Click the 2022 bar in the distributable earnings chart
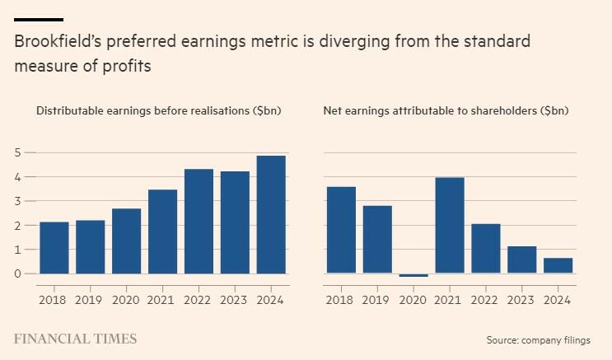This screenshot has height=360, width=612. (199, 221)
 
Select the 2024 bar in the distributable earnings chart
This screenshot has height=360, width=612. (271, 214)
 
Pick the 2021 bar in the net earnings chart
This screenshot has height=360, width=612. (450, 225)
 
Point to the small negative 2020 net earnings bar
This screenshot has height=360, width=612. (413, 275)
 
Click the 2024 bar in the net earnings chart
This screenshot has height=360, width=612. (558, 265)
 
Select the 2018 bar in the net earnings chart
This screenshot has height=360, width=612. (341, 230)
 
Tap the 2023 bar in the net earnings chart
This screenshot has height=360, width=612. (521, 259)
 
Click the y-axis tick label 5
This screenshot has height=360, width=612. (18, 152)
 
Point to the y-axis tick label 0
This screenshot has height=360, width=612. (18, 274)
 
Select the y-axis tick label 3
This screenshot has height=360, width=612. (18, 201)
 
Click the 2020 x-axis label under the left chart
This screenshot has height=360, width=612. (126, 300)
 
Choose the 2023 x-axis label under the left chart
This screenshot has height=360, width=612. (235, 300)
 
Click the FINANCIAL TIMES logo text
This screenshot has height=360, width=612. (76, 339)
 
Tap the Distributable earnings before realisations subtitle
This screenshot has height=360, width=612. (159, 110)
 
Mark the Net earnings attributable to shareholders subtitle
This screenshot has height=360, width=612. (446, 110)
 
